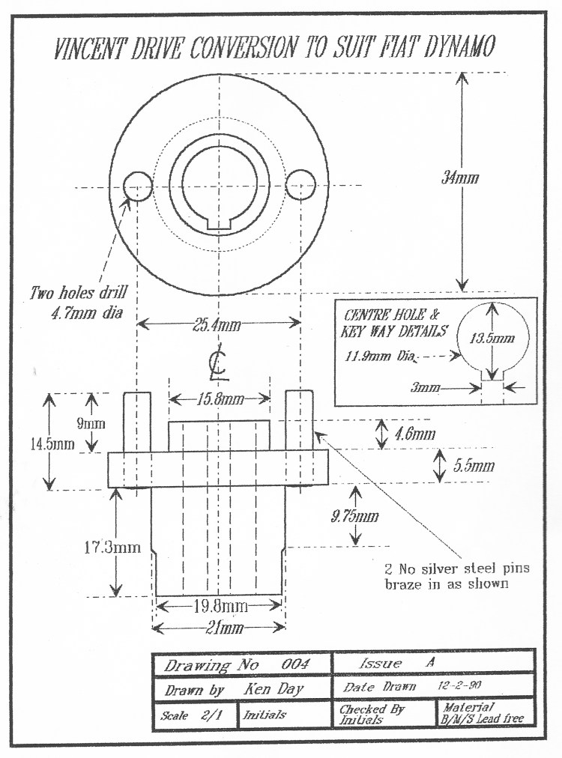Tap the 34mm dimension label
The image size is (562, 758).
[460, 178]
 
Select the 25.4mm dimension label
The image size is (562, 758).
[217, 324]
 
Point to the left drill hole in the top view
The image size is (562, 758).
[138, 186]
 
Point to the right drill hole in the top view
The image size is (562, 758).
[300, 185]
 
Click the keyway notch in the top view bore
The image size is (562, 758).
[219, 224]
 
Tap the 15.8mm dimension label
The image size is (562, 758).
[220, 399]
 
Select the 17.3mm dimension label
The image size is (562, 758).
[112, 548]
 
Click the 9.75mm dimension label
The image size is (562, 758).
[354, 516]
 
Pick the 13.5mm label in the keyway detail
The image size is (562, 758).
[492, 338]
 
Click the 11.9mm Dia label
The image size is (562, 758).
[380, 357]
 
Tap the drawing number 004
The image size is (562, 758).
[294, 664]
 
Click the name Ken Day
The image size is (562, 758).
[274, 688]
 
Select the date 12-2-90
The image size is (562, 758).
[459, 685]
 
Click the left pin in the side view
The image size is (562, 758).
[137, 422]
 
